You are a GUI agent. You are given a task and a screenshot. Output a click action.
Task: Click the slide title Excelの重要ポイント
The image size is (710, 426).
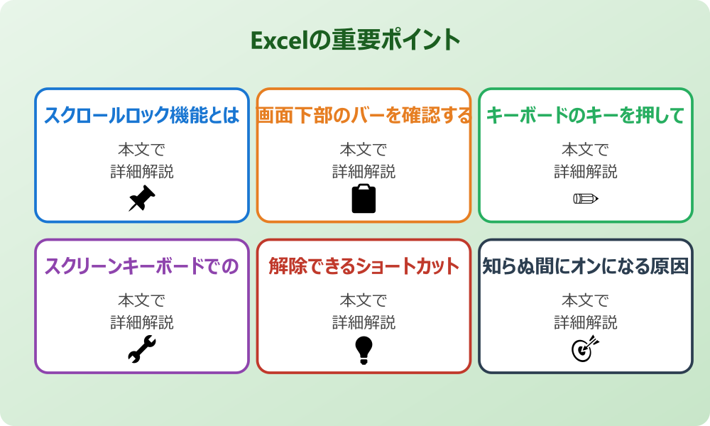point(355,40)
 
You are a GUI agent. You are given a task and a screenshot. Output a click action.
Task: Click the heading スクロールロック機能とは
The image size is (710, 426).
point(142,115)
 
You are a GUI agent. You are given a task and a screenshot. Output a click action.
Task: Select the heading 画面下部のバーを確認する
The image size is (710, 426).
point(364,115)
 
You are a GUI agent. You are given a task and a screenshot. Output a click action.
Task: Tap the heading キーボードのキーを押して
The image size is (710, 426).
point(585,115)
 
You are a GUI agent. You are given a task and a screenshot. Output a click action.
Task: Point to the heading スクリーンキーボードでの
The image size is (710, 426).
point(142,266)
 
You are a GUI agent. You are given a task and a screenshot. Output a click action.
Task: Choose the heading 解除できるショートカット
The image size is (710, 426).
point(364,266)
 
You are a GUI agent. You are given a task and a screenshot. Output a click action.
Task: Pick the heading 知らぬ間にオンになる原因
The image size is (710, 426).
point(585,266)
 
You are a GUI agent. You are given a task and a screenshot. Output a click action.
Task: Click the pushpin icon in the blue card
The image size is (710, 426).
point(142,198)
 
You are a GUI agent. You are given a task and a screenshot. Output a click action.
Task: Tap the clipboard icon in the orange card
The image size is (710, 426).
point(364,198)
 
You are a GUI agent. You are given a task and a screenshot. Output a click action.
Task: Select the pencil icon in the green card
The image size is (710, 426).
point(585,198)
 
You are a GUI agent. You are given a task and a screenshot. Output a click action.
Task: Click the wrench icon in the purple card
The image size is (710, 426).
point(142,349)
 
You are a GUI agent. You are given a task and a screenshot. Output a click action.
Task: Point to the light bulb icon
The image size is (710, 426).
point(364,349)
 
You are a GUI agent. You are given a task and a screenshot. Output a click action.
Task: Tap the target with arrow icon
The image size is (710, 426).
point(585,349)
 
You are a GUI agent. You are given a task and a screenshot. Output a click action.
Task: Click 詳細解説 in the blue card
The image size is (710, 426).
point(142,171)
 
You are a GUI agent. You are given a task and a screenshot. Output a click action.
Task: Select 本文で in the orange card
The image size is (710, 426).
point(364,150)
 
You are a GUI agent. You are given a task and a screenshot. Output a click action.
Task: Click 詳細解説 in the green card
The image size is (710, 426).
point(585,171)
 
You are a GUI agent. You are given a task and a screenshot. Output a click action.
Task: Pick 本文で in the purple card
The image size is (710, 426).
point(142,301)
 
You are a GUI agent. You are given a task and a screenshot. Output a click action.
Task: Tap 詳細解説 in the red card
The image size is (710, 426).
point(364,322)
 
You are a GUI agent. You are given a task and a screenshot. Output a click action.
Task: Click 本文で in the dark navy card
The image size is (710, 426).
point(585,301)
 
